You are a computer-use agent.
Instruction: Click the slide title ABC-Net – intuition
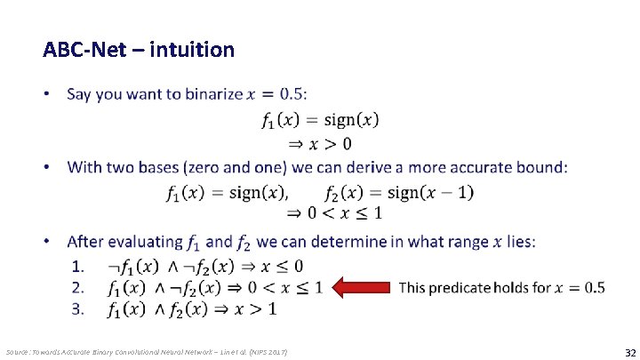pos(139,49)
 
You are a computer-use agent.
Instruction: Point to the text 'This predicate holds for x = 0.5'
pos(501,287)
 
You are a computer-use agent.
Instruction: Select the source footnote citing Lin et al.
pos(147,352)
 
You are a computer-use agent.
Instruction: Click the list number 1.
pos(79,266)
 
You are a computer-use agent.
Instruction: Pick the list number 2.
pos(79,287)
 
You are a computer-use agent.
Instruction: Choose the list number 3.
pos(79,308)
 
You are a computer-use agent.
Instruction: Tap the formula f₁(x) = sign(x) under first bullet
pos(320,119)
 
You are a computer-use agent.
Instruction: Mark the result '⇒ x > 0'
pos(317,143)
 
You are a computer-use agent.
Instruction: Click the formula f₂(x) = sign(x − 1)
pos(399,191)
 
